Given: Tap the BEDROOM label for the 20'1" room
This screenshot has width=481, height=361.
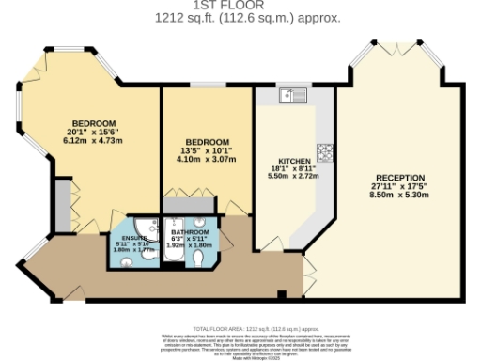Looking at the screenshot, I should tap(93, 124).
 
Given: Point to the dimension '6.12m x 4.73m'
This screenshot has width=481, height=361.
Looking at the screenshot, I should tap(93, 141).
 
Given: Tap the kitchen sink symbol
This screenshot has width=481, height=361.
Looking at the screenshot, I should tap(292, 95).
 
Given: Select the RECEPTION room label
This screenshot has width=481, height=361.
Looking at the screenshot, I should tap(400, 177).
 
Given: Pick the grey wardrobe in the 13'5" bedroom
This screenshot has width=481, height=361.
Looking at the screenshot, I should tap(188, 204).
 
